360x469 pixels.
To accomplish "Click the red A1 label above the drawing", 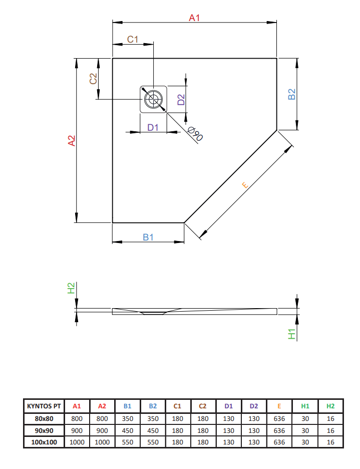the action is coord(194,18).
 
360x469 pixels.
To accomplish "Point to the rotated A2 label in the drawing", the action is coord(72,141).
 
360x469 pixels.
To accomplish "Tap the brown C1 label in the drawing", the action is coord(133,39).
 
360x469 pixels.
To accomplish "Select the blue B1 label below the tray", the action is coord(148,237).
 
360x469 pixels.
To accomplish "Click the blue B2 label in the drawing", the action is coord(291,94).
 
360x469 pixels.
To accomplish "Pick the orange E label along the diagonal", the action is coord(245,185).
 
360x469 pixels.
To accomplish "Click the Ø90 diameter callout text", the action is coord(195,134).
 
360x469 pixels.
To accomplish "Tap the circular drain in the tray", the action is coord(153,99).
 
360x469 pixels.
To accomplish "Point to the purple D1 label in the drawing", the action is coord(153,127).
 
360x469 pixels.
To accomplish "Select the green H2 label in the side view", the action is coord(71,288).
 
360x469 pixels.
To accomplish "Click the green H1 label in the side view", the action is coord(291,334).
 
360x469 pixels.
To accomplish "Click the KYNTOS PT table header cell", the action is coord(44,406).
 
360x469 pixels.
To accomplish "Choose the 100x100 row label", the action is coord(44,442).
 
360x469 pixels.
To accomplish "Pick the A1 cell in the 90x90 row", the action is coord(77,431).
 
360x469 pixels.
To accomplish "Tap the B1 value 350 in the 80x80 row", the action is coord(127,419).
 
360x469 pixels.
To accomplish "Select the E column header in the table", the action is coord(279,406).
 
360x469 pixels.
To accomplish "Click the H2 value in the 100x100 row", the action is coord(330,442).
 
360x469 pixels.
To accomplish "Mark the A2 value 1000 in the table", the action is coord(102,442).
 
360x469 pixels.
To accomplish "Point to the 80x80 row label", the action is coord(44,419).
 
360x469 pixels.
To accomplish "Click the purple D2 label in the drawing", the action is coord(181,100).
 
